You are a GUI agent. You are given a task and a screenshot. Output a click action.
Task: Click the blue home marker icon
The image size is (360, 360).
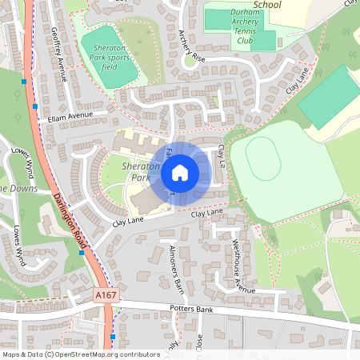[x=180, y=172]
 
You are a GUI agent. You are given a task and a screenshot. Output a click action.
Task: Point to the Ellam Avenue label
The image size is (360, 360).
[x=70, y=117]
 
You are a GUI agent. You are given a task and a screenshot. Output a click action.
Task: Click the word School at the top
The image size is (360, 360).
[x=267, y=5]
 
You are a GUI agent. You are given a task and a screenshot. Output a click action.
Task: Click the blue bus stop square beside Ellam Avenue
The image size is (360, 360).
[x=35, y=105]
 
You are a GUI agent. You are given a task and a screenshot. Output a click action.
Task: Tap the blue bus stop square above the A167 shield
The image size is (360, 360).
[x=82, y=253]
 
